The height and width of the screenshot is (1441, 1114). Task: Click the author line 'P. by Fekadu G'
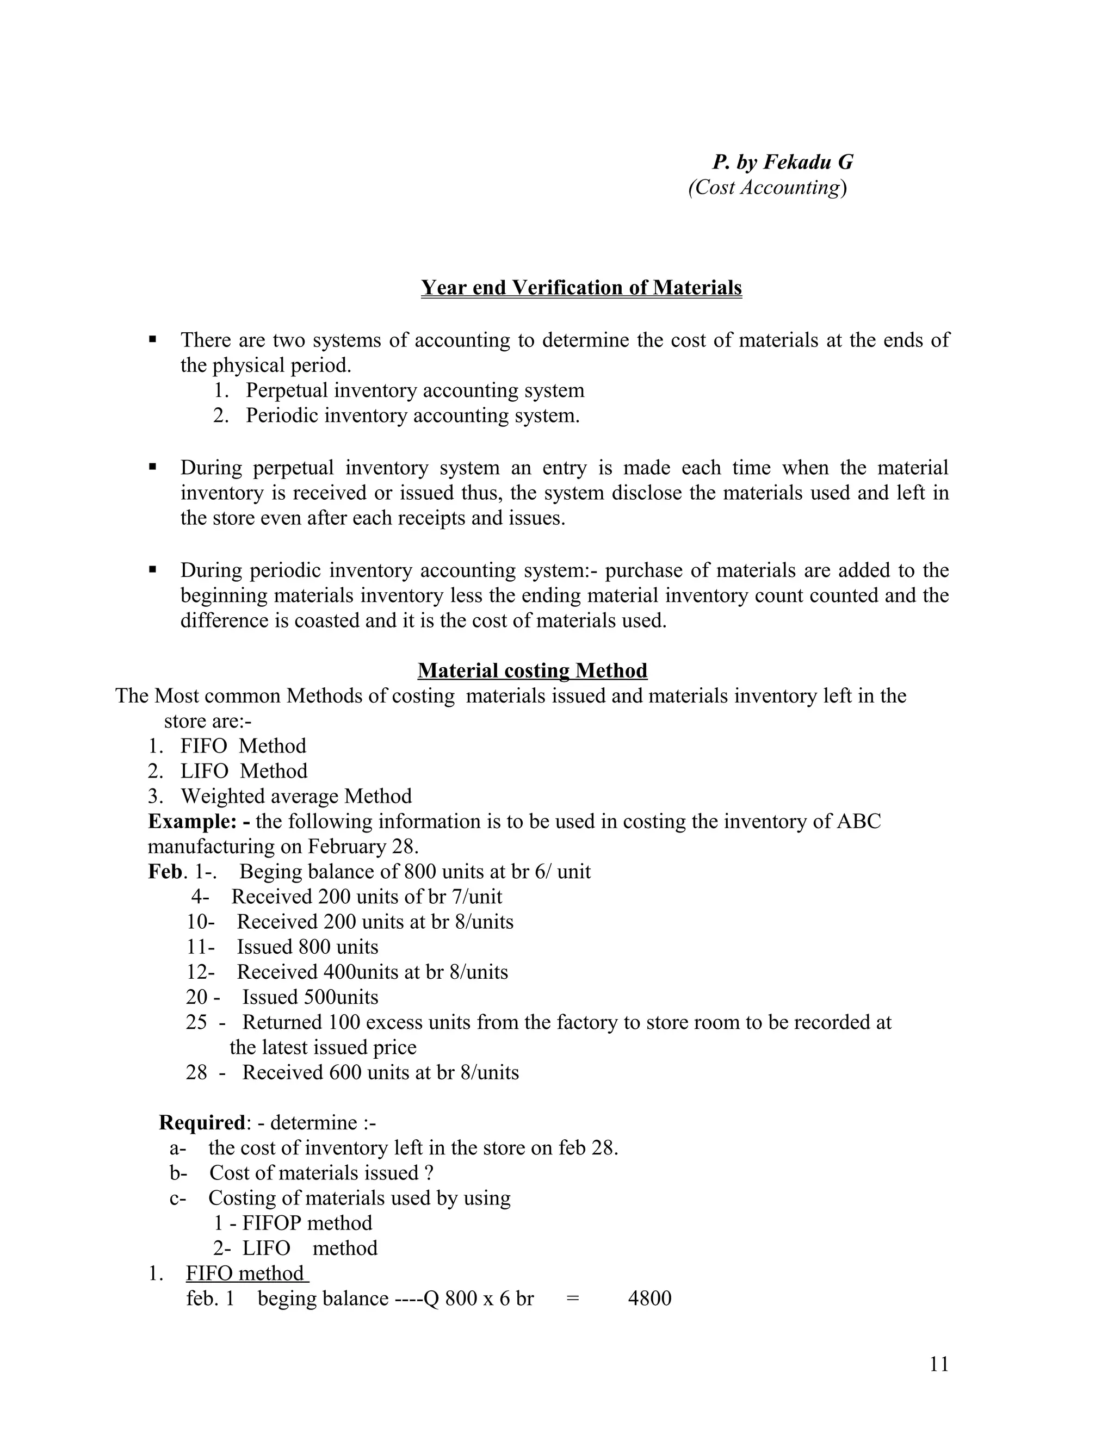pos(782,162)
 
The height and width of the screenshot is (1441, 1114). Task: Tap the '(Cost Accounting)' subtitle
pos(767,188)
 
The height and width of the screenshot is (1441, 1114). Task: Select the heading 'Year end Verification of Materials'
pos(581,288)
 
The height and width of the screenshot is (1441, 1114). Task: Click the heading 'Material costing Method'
pos(532,670)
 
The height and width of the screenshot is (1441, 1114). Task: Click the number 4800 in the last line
pos(649,1299)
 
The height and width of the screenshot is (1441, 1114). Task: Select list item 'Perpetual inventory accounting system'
pos(414,390)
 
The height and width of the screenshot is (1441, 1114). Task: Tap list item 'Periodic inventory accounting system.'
pos(412,415)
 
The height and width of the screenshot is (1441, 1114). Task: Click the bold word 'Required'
pos(202,1122)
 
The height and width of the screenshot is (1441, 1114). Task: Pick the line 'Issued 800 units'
pos(307,947)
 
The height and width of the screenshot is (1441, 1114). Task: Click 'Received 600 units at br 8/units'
pos(380,1072)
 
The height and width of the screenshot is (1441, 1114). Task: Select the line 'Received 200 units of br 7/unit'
pos(366,897)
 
